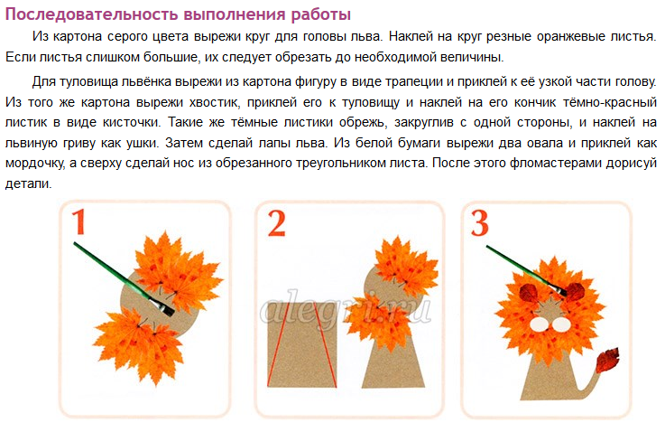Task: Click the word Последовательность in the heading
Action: point(92,14)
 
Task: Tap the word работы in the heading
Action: point(320,14)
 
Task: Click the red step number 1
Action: point(79,222)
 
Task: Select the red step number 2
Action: point(276,223)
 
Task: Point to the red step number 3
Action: point(480,223)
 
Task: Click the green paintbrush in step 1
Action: point(124,279)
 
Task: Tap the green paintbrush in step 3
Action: point(526,270)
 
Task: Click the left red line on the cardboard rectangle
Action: point(278,345)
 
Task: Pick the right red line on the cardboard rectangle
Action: point(326,345)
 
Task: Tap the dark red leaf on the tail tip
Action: point(607,360)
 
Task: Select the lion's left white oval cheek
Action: point(539,324)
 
